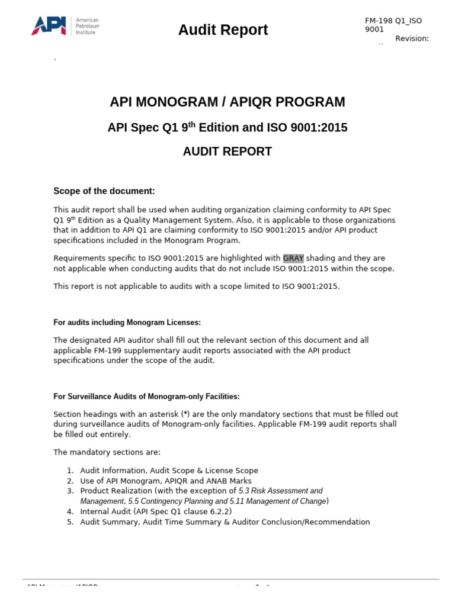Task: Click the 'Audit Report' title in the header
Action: (223, 30)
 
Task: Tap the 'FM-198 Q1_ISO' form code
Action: (393, 21)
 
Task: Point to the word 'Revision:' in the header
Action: (412, 38)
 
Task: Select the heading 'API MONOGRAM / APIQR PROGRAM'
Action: (227, 102)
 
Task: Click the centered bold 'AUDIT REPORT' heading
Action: (227, 151)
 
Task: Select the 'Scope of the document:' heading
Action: (104, 191)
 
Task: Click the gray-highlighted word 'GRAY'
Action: (293, 258)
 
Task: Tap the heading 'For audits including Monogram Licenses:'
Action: (127, 323)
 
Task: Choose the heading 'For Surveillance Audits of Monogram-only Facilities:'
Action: (146, 397)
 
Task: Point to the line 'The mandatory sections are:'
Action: (107, 452)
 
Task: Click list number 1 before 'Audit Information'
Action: (69, 470)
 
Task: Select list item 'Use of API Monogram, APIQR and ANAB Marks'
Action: (165, 481)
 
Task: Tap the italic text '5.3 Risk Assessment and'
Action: (281, 491)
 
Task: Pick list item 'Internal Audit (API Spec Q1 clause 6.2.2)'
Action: (156, 511)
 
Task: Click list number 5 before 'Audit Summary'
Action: (69, 522)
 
